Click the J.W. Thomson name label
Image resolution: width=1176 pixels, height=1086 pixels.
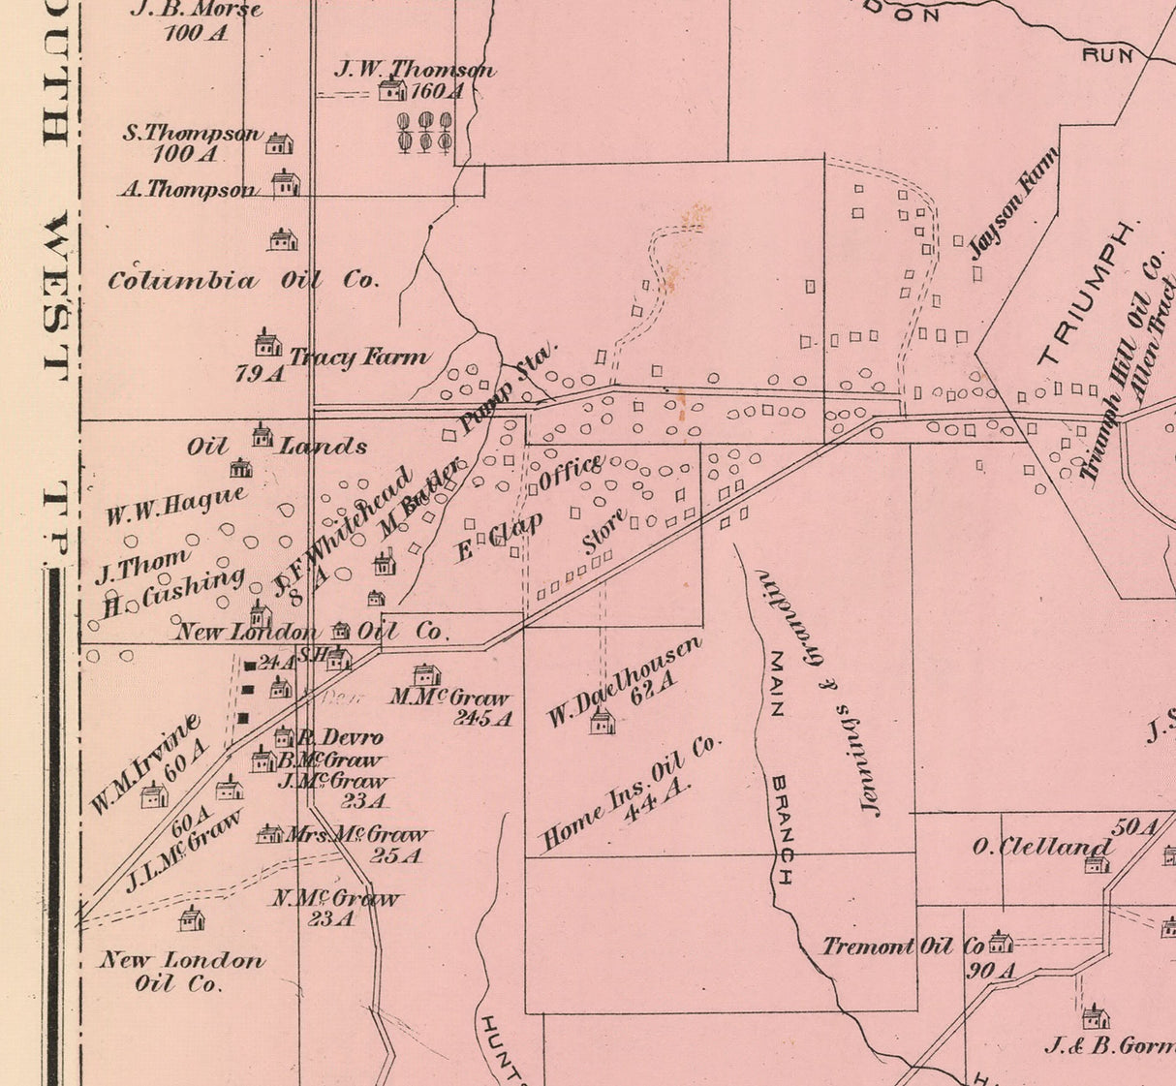[415, 70]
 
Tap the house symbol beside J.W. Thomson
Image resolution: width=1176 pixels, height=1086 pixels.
[391, 90]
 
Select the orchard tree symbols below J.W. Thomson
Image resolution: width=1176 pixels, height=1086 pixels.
[424, 132]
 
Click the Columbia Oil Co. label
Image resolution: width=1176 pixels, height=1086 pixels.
[242, 281]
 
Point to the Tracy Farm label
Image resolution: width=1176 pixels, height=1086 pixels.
[358, 357]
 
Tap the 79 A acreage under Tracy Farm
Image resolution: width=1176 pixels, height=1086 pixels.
[260, 374]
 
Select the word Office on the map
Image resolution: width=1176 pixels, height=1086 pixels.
[571, 472]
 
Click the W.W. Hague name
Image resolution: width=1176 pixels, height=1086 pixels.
[175, 507]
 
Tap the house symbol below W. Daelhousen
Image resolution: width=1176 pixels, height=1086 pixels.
[602, 721]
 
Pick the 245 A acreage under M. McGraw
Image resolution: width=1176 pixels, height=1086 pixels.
[481, 718]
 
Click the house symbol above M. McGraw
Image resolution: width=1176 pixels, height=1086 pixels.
[426, 675]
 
